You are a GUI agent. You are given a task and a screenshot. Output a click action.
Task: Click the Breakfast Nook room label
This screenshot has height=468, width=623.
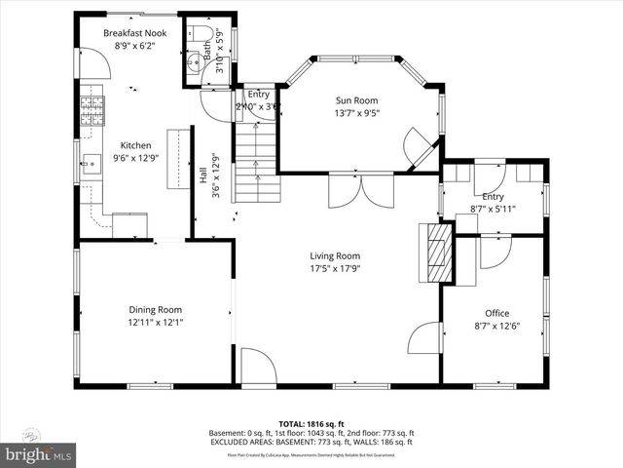135,33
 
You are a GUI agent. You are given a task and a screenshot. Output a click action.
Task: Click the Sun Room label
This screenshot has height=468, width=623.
356,100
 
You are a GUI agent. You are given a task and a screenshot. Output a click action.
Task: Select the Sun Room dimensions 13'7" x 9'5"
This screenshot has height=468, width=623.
356,113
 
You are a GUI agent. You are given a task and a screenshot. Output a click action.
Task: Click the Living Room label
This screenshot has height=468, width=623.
335,256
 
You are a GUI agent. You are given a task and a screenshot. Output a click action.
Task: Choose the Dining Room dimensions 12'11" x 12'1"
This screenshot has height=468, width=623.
155,322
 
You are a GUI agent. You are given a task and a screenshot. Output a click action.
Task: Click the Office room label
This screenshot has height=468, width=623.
496,313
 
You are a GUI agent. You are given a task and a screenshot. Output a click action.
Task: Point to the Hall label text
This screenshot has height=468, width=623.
202,176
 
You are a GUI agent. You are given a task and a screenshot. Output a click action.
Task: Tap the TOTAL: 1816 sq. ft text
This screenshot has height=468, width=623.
311,424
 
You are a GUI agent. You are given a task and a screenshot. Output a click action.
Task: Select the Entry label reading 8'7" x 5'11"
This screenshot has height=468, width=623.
493,208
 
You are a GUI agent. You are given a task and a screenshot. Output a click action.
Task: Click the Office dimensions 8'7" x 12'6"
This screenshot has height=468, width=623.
496,326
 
